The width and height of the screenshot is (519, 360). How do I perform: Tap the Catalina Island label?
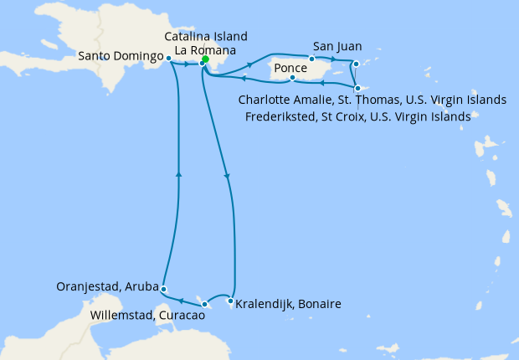pos(206,37)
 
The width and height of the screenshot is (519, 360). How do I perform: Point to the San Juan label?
pos(337,45)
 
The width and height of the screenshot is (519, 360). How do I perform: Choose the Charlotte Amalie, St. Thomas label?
pos(373,100)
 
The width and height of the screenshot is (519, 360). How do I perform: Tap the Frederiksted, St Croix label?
pos(358,116)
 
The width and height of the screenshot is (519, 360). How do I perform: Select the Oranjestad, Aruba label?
pos(105,286)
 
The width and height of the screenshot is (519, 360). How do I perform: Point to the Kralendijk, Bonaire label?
pos(288,304)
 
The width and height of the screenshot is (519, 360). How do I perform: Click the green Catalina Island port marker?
pos(205,59)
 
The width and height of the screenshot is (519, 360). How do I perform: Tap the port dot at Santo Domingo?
pos(169,59)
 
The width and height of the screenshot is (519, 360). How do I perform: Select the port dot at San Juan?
pos(311,59)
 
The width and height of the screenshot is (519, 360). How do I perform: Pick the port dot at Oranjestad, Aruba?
pos(163,289)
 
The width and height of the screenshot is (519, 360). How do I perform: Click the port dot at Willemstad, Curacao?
pos(205,303)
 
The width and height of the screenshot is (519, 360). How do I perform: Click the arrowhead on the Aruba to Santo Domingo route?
pos(178,174)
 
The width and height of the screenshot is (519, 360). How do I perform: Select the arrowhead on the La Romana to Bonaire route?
pos(227,176)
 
